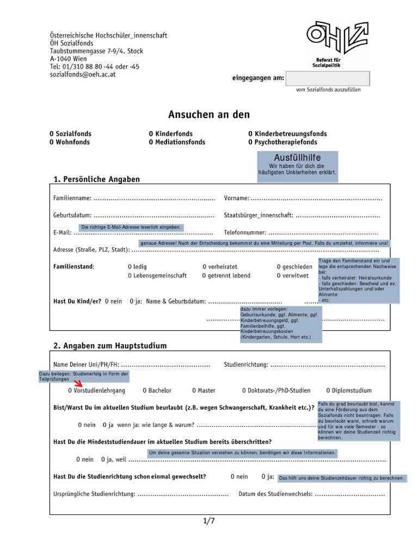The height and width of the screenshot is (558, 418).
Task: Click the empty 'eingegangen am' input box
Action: click(x=328, y=78)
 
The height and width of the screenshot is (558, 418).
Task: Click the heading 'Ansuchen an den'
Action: click(x=209, y=114)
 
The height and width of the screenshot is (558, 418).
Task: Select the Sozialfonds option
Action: click(x=71, y=134)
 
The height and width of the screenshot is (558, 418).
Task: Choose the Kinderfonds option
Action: click(x=170, y=134)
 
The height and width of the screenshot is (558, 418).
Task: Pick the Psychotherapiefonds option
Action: click(x=282, y=142)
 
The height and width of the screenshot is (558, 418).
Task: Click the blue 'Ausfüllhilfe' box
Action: click(x=297, y=166)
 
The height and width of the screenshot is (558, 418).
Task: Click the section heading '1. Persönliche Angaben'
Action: click(x=96, y=179)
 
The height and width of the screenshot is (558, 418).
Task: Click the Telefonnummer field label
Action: click(x=244, y=233)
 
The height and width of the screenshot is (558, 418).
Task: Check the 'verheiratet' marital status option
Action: click(x=220, y=267)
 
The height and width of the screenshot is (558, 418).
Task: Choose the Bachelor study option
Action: click(x=157, y=391)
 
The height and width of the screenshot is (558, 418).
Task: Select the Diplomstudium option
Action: click(x=348, y=391)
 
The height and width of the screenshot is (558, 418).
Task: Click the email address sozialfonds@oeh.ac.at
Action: click(x=83, y=74)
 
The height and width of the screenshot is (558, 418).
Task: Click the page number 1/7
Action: click(x=209, y=521)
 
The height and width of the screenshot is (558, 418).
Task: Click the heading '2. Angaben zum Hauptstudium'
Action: click(x=110, y=346)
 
